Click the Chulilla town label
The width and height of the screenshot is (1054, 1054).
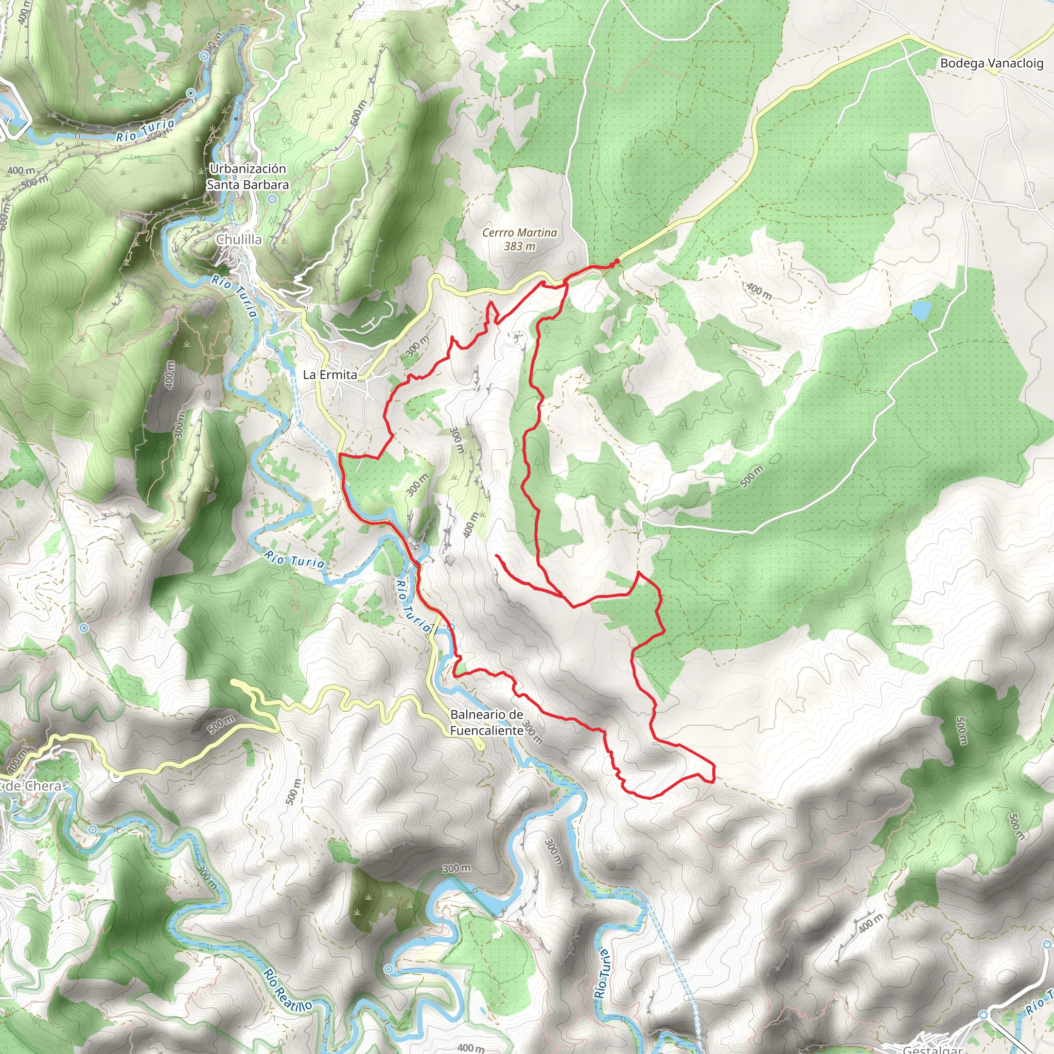239,239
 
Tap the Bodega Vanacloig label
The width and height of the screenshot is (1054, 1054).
991,63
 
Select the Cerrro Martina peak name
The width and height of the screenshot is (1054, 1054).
519,233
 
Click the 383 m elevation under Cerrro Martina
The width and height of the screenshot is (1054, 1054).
519,247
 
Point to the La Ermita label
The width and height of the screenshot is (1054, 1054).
329,375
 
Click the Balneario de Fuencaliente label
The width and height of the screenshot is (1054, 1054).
487,722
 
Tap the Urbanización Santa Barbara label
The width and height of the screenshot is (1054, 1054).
248,177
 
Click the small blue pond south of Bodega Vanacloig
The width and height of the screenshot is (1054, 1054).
921,311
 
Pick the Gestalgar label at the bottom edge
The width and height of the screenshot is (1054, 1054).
933,1048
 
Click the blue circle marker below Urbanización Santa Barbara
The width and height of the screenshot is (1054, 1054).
273,200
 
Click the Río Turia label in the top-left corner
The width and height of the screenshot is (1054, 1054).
145,130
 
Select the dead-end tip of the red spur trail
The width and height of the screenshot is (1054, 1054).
497,555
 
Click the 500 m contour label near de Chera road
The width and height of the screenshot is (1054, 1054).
221,725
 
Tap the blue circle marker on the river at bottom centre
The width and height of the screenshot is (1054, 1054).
388,969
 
